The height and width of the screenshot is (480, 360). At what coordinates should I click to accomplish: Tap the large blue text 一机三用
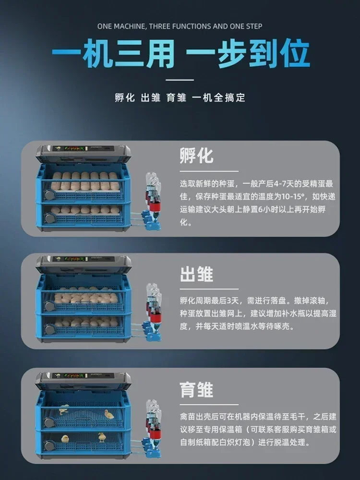tap(113, 55)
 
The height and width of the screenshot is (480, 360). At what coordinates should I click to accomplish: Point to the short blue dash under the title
tap(180, 79)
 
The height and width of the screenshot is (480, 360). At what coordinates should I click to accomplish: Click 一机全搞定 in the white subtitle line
tap(218, 97)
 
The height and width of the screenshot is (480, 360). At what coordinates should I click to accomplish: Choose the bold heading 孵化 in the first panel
tap(196, 156)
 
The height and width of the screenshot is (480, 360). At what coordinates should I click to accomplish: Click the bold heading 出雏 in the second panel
tap(196, 275)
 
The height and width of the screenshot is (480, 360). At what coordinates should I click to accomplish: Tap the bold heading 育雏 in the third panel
tap(196, 389)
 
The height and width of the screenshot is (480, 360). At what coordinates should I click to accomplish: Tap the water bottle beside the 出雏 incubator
tap(153, 302)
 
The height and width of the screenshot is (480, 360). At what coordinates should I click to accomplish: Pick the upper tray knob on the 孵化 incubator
tap(48, 194)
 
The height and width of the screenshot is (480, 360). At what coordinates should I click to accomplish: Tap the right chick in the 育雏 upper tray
tap(109, 414)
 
